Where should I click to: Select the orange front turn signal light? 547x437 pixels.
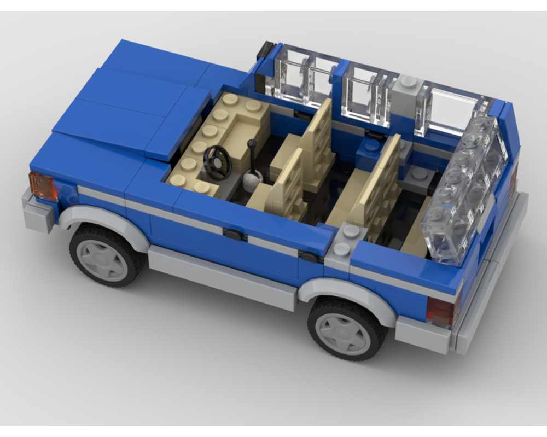pyautogui.click(x=43, y=187)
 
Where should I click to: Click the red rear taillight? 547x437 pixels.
pyautogui.click(x=441, y=311)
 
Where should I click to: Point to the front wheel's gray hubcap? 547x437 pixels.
pyautogui.click(x=102, y=260)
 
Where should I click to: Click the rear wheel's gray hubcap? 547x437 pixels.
pyautogui.click(x=344, y=333)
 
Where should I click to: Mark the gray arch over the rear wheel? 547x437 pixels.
pyautogui.click(x=350, y=290)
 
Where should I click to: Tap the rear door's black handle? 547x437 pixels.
pyautogui.click(x=309, y=257)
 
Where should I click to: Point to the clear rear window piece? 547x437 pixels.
pyautogui.click(x=465, y=191)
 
